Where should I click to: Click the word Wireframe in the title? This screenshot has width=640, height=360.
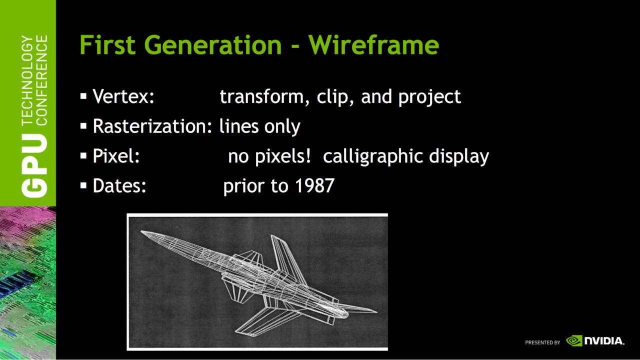tap(373, 45)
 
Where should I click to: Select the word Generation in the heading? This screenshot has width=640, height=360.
tap(213, 45)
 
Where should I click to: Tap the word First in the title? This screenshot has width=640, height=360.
tap(107, 44)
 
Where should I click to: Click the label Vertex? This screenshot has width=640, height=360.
tap(123, 96)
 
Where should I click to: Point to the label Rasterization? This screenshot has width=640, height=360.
tap(152, 126)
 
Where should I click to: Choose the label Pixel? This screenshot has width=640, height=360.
tap(116, 156)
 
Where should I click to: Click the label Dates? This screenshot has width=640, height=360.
tap(119, 185)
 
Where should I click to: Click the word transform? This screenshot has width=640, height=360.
tap(261, 97)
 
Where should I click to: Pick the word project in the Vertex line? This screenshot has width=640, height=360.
tap(429, 97)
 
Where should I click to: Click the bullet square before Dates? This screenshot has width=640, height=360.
tap(83, 185)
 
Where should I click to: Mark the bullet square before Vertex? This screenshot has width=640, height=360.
tap(83, 96)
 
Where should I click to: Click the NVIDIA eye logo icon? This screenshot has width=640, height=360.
tap(574, 340)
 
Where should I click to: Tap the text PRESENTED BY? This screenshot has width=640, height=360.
tap(542, 342)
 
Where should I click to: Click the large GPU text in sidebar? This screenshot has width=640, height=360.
tap(34, 165)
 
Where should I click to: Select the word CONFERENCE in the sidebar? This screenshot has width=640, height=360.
tap(41, 80)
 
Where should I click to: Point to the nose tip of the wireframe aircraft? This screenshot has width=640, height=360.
tap(141, 231)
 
